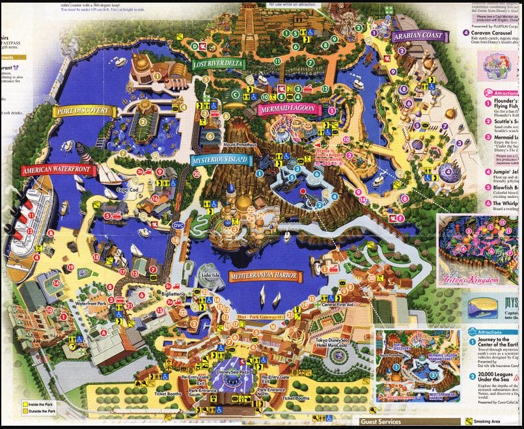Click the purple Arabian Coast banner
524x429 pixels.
(x=417, y=36)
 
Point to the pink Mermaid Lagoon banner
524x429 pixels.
(x=287, y=109)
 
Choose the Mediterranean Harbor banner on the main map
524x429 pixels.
(x=265, y=276)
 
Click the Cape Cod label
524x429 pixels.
(x=128, y=190)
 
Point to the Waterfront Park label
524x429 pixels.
(x=90, y=303)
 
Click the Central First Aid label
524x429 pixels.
(x=338, y=304)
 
